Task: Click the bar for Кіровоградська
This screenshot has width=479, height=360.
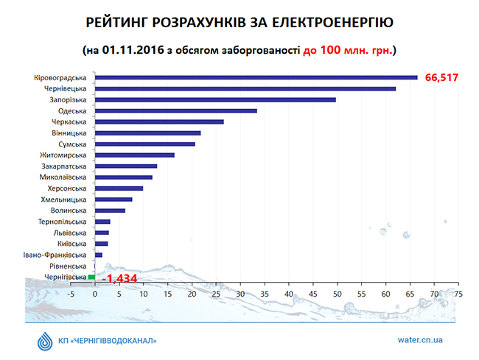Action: (256, 77)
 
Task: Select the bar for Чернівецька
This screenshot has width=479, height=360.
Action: (245, 88)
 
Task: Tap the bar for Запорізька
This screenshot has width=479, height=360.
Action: (215, 99)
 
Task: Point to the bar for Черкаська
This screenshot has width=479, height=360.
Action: (159, 121)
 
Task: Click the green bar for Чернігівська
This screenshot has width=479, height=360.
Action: (92, 277)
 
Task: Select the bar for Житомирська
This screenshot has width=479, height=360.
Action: (135, 155)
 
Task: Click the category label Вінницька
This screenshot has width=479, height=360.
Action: (70, 133)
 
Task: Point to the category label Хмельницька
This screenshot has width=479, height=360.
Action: (65, 200)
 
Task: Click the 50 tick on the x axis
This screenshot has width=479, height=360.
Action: (338, 293)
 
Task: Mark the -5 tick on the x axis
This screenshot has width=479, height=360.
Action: (71, 293)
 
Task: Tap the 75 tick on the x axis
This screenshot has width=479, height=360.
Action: (458, 293)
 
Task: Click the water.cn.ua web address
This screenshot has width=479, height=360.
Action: (416, 341)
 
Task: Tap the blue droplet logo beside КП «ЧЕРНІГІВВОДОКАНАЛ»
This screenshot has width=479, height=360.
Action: (45, 341)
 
